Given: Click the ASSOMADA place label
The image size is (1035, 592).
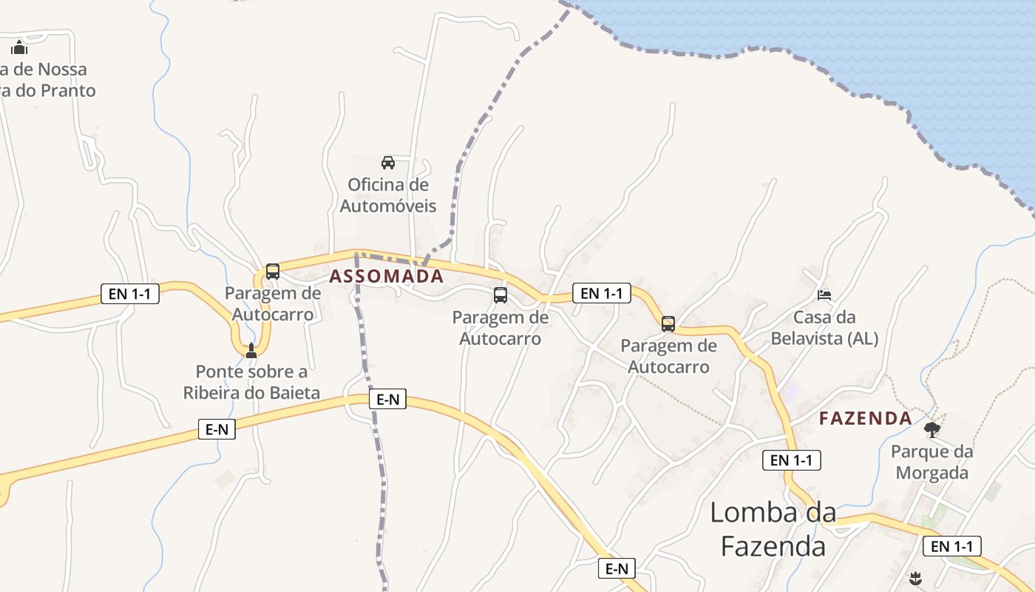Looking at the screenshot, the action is pyautogui.click(x=386, y=277).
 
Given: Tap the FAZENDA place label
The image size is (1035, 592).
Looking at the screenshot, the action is pyautogui.click(x=865, y=418).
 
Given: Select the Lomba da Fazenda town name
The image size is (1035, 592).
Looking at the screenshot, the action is pyautogui.click(x=773, y=528).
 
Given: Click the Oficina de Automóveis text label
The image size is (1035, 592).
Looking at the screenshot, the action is pyautogui.click(x=388, y=195).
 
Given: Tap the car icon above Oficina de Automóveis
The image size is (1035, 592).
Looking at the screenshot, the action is pyautogui.click(x=387, y=162).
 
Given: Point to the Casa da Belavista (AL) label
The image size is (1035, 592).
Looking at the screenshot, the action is pyautogui.click(x=824, y=328).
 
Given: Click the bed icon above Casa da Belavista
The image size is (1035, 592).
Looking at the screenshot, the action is pyautogui.click(x=824, y=295).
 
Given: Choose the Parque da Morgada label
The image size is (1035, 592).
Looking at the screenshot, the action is pyautogui.click(x=931, y=462).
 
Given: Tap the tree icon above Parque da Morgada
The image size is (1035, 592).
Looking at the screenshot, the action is pyautogui.click(x=932, y=429).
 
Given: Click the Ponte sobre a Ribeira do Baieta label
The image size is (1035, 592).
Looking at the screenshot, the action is pyautogui.click(x=251, y=382).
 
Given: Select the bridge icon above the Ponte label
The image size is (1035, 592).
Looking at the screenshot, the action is pyautogui.click(x=251, y=350).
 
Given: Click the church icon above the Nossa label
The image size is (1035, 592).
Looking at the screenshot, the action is pyautogui.click(x=19, y=48).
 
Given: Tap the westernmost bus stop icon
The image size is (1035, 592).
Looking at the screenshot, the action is pyautogui.click(x=273, y=271).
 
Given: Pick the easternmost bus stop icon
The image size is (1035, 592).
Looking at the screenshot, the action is pyautogui.click(x=668, y=323).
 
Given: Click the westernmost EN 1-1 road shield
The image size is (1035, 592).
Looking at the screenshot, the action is pyautogui.click(x=130, y=294).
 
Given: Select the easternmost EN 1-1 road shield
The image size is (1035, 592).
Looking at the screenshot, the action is pyautogui.click(x=952, y=547).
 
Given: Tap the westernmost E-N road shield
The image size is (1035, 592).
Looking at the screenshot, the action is pyautogui.click(x=217, y=429).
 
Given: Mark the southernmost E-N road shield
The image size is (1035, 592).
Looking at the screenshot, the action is pyautogui.click(x=617, y=568).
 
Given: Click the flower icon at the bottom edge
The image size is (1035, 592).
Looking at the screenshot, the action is pyautogui.click(x=915, y=578).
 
